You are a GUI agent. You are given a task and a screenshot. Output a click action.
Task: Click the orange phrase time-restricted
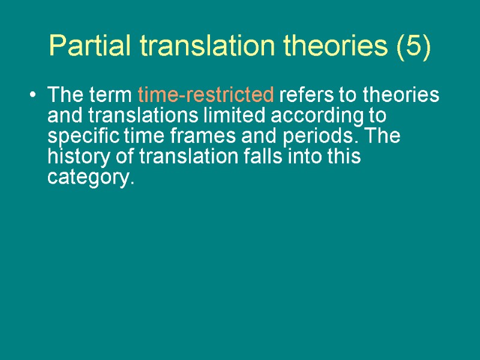click(x=206, y=95)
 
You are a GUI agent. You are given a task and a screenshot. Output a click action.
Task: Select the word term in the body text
click(x=112, y=95)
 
